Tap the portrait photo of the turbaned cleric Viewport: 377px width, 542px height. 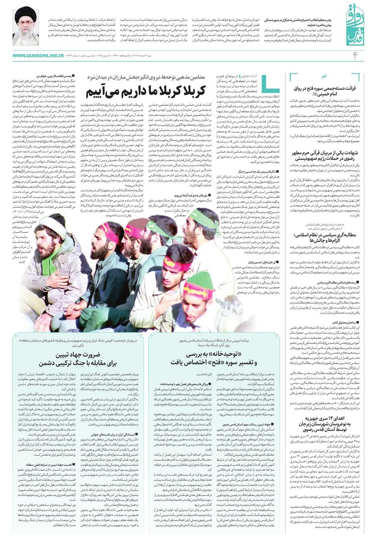point(25,25)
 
